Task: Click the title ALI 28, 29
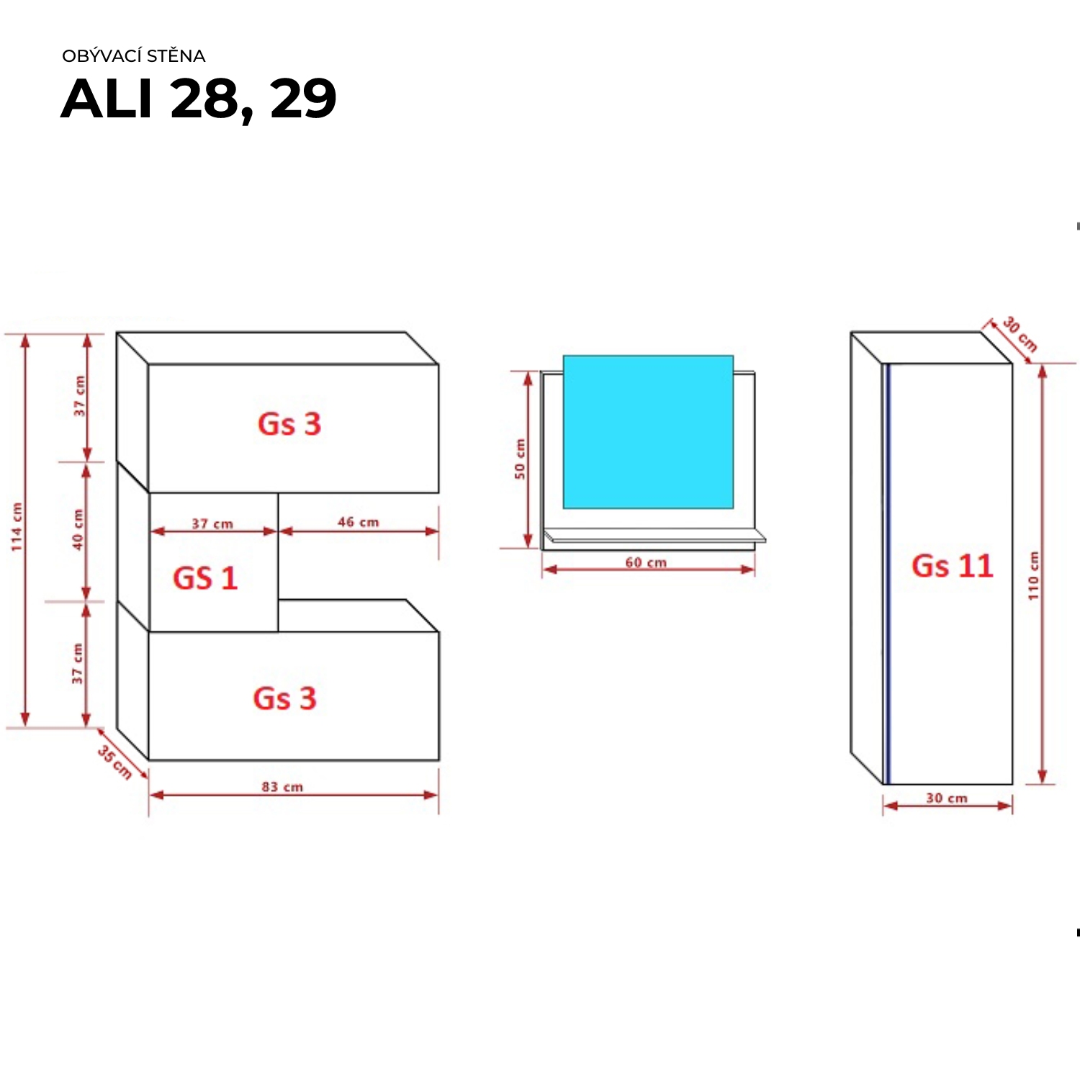pos(199,99)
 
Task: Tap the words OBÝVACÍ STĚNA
pos(134,56)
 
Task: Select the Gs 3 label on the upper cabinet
pos(289,424)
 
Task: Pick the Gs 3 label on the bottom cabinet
pos(285,698)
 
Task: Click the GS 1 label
pos(205,578)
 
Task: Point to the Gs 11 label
pos(953,566)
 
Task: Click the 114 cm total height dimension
pos(17,527)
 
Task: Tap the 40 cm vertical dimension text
pos(78,530)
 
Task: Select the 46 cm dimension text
pos(359,522)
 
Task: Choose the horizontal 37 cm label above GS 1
pos(212,523)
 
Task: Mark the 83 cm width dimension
pos(282,787)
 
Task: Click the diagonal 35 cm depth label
pos(114,762)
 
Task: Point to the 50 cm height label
pos(520,459)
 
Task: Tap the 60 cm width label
pos(646,562)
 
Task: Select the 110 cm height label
pos(1034,576)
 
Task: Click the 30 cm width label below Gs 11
pos(947,798)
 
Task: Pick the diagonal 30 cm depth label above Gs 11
pos(1020,335)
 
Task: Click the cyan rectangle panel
pos(648,432)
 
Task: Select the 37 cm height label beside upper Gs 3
pos(79,396)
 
